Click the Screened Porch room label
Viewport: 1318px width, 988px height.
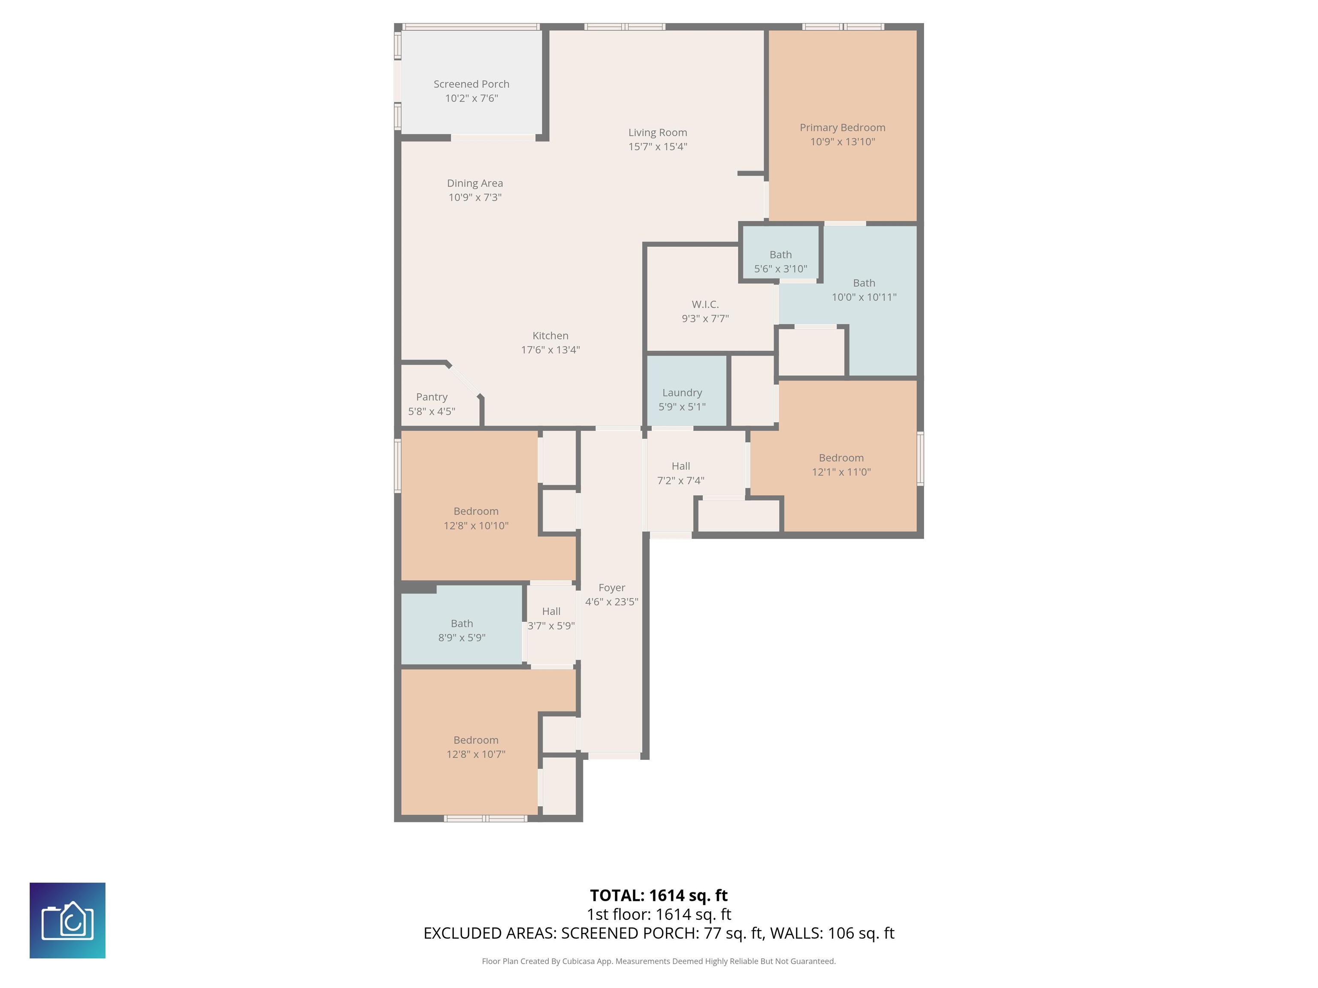pos(472,84)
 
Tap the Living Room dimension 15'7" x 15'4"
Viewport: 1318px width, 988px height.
pos(658,147)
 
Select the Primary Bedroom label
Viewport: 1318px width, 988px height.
pos(843,127)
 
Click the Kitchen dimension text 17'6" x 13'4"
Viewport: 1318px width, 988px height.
pos(550,349)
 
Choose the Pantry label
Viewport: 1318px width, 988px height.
pos(432,397)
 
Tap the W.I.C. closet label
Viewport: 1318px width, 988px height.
pos(705,304)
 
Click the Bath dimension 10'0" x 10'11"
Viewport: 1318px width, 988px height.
pos(864,297)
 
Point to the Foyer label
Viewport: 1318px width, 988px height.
pos(612,588)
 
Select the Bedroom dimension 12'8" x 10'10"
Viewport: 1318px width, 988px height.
pos(476,526)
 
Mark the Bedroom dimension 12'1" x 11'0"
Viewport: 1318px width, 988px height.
pos(841,472)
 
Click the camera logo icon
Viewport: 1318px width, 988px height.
pos(67,921)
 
